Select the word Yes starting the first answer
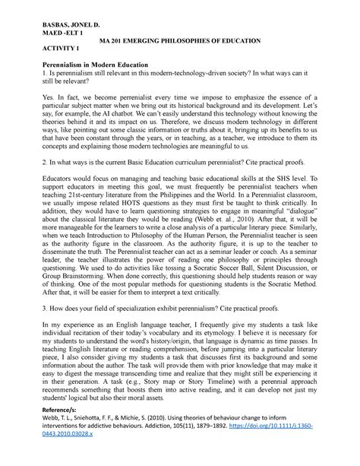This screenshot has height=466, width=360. [x=46, y=105]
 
